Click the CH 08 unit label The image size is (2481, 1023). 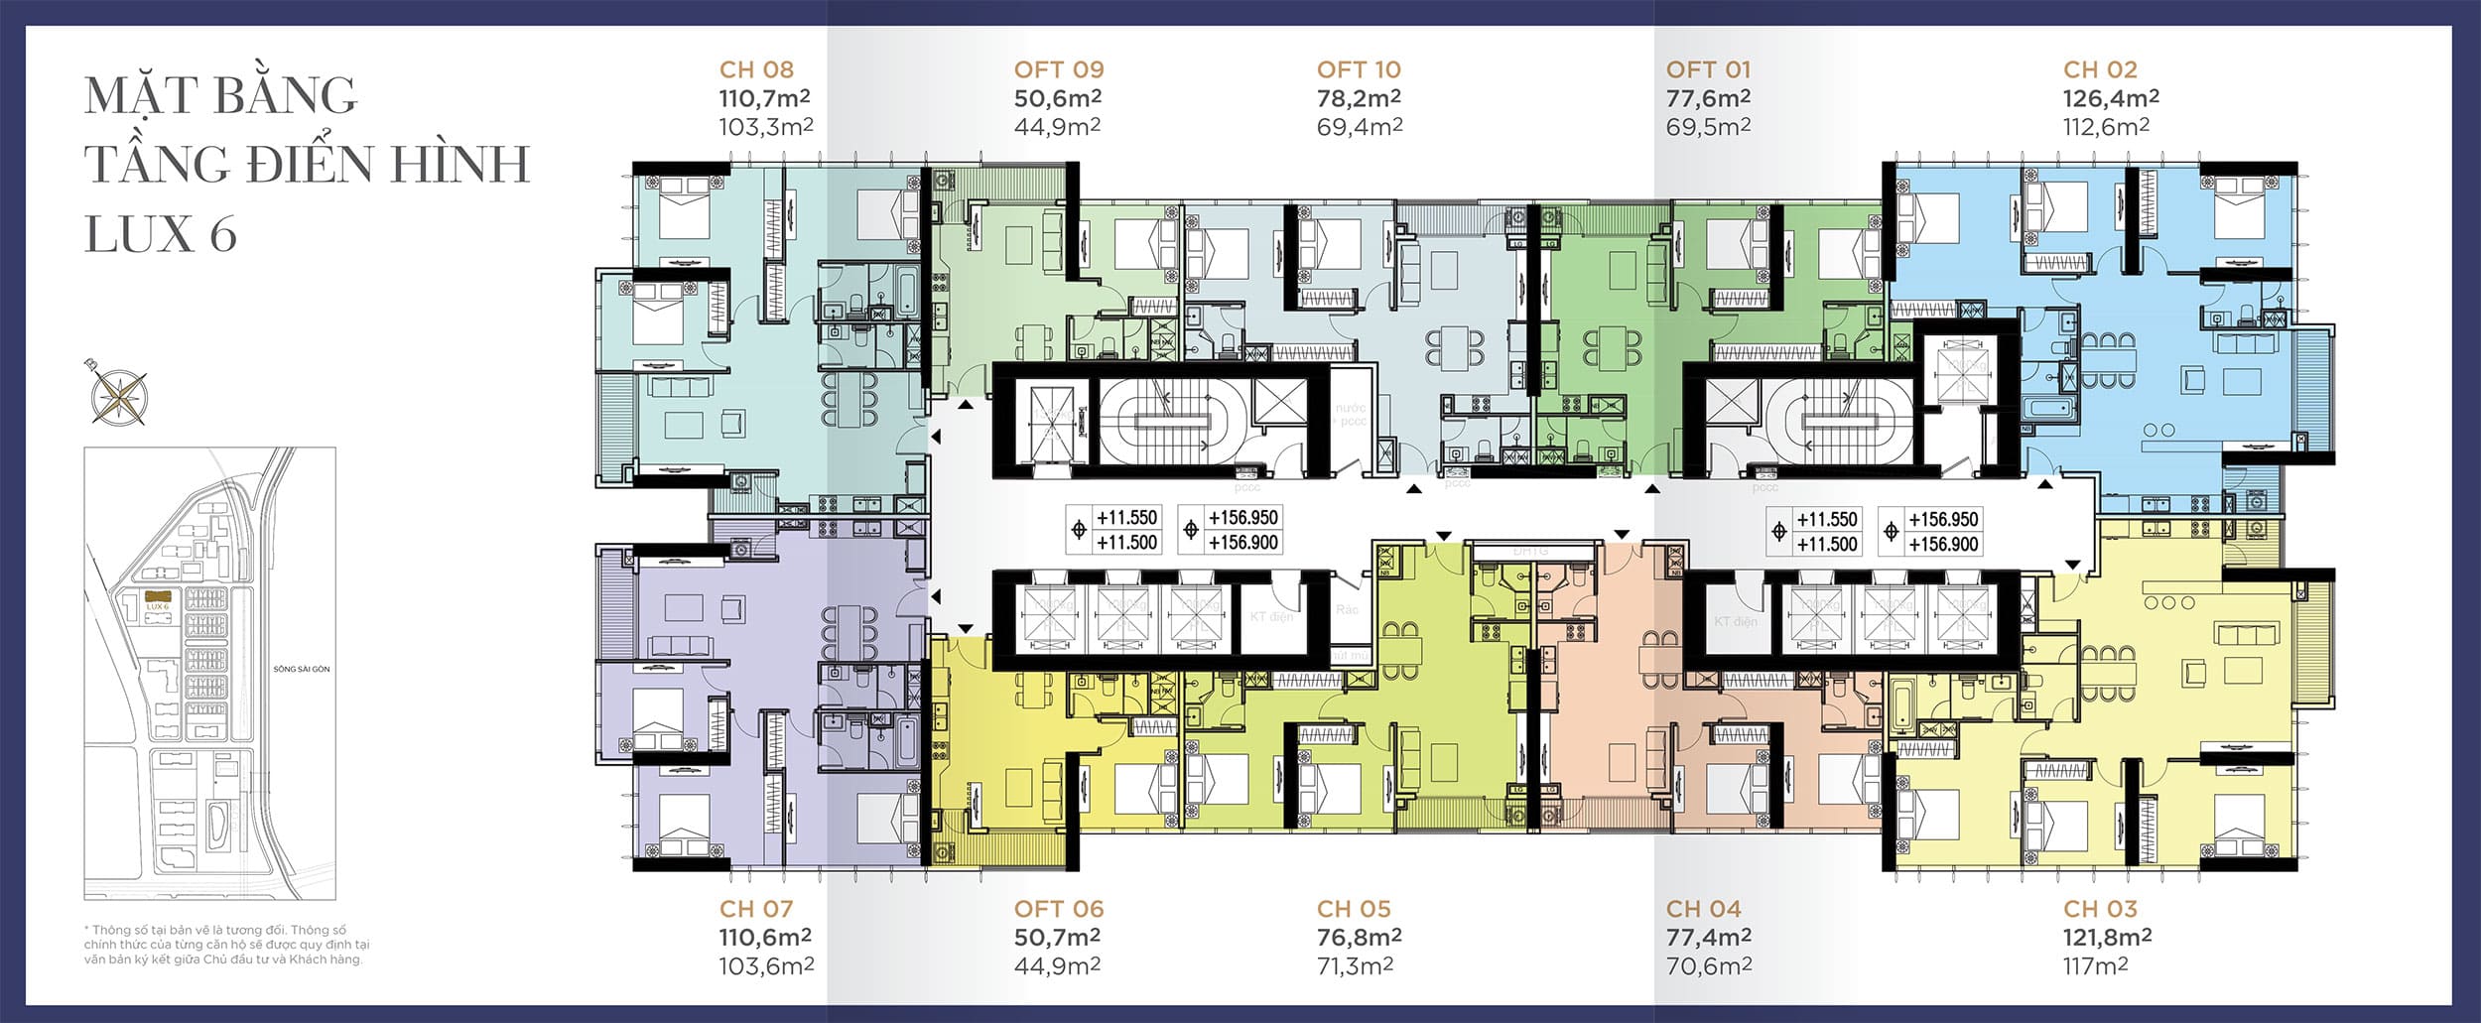point(756,69)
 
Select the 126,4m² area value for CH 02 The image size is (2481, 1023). point(2111,98)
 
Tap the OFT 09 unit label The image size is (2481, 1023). point(1058,69)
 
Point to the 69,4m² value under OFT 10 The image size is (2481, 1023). point(1359,127)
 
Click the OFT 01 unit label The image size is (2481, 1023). point(1708,69)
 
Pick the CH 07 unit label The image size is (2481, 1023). point(756,909)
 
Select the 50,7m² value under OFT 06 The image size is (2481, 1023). point(1058,937)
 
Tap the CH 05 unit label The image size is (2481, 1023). point(1353,909)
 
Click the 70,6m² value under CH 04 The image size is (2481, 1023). point(1708,965)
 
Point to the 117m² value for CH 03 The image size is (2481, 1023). point(2095,965)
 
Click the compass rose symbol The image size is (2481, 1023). point(117,393)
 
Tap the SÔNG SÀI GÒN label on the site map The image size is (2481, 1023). point(302,669)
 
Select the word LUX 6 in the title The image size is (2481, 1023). point(161,234)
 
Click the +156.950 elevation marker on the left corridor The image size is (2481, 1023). point(1242,518)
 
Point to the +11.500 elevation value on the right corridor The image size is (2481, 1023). point(1826,545)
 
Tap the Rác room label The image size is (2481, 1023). point(1347,609)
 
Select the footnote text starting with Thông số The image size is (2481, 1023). point(226,945)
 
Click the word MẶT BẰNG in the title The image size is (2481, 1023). point(220,96)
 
